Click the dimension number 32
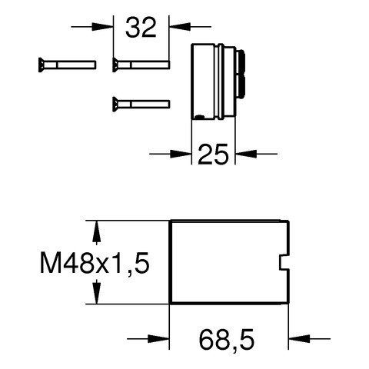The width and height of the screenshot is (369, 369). [x=141, y=27]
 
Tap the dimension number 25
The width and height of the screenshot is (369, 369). [x=213, y=154]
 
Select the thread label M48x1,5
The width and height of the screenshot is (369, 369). [x=95, y=263]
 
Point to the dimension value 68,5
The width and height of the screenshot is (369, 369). [x=227, y=340]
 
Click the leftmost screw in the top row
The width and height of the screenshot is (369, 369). [x=68, y=65]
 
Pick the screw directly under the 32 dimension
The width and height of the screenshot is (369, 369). [x=141, y=65]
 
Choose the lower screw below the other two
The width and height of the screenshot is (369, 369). [x=141, y=105]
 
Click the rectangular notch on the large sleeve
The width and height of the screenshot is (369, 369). [x=284, y=262]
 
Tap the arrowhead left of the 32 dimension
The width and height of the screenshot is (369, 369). [x=102, y=26]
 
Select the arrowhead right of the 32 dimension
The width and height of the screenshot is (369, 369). [x=180, y=26]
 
